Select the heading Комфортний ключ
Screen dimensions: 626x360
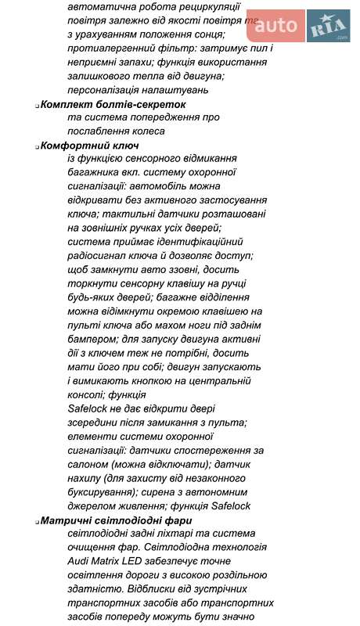pos(89,146)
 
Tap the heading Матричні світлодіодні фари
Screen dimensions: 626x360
pos(117,520)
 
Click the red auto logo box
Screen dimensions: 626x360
pos(276,27)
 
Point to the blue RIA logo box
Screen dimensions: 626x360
pos(328,27)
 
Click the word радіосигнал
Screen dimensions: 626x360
pos(100,255)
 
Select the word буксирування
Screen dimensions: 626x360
pos(103,492)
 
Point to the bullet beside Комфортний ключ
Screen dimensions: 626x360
pos(37,146)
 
